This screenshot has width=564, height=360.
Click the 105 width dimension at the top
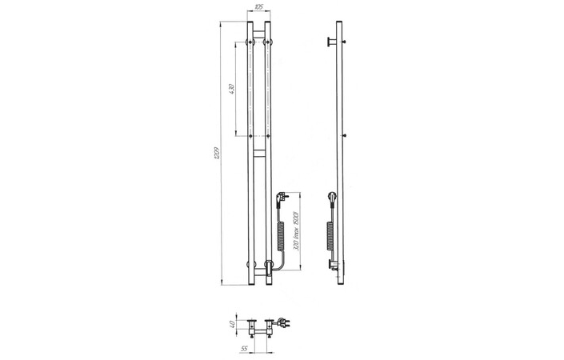[x=258, y=7]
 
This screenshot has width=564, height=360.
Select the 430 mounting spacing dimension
[x=230, y=90]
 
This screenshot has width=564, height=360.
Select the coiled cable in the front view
[x=282, y=233]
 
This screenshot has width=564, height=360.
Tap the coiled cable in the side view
[x=331, y=233]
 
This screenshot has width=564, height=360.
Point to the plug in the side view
[x=331, y=196]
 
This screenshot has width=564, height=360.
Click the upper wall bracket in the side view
[x=330, y=41]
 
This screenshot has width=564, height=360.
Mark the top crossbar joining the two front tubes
[x=258, y=33]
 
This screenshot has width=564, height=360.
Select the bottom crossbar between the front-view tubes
[x=258, y=265]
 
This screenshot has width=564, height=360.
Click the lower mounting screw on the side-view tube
[x=344, y=135]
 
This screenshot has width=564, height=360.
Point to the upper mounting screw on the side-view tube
[x=344, y=41]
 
